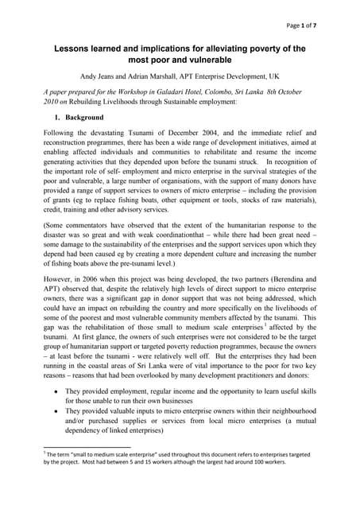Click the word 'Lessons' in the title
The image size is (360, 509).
coord(73,48)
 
